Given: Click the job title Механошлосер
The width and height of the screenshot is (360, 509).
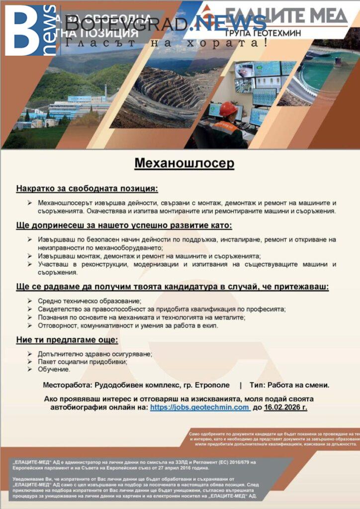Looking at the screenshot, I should (x=184, y=163).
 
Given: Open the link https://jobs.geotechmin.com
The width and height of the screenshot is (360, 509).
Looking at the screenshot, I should (x=199, y=407).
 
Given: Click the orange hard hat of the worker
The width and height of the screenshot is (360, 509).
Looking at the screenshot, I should (x=228, y=109).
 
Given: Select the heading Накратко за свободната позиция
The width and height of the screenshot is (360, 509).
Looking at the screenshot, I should (x=87, y=189).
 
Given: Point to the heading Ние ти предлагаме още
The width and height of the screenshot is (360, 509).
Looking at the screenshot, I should (x=67, y=340).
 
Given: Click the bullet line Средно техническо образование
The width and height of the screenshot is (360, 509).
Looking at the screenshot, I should (x=90, y=301).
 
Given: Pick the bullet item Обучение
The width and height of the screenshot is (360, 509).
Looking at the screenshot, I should (x=54, y=369).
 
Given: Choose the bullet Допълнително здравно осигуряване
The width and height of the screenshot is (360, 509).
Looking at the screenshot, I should (x=95, y=354).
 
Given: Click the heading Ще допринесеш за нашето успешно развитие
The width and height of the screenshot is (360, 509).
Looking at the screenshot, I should (x=124, y=225).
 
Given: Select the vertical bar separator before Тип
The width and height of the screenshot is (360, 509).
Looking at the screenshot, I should (x=240, y=385).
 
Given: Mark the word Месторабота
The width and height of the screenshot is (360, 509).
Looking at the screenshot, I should (x=67, y=385).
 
